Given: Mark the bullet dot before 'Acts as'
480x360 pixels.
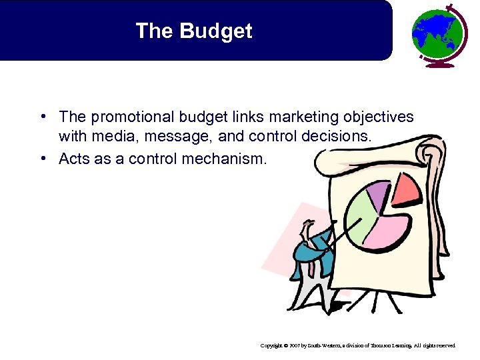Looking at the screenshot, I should coord(42,159).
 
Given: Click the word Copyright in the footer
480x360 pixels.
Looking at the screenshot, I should coord(273,346).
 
